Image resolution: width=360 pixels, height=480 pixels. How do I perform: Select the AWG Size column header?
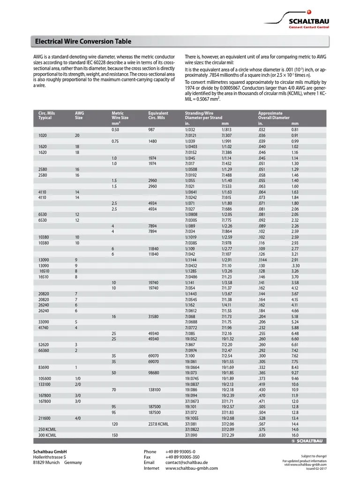click(79, 115)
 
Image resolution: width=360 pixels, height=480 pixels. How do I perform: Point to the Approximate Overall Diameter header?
click(274, 115)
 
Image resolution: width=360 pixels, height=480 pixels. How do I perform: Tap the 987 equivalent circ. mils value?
click(151, 129)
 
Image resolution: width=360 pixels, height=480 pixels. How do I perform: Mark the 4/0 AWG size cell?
click(78, 418)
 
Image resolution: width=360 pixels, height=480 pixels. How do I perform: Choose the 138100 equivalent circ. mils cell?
click(154, 390)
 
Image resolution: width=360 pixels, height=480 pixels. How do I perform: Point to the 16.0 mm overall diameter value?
click(295, 435)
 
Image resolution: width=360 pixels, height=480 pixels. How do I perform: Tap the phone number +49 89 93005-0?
click(180, 451)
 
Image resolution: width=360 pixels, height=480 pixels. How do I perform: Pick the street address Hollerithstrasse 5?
click(49, 457)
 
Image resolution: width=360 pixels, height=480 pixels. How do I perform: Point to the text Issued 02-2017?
click(316, 468)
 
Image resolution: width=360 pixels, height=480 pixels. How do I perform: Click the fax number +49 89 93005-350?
click(182, 457)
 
